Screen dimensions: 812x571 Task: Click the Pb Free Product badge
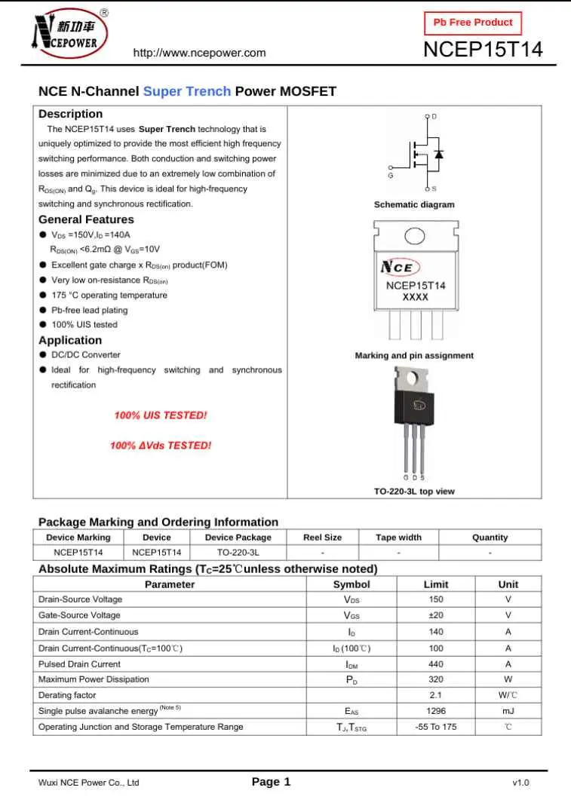coord(473,23)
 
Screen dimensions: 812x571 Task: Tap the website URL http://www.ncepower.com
coord(199,53)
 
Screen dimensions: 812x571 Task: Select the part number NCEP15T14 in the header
coord(483,51)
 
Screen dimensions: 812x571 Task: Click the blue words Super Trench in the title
coord(187,91)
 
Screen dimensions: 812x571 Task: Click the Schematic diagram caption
coord(414,204)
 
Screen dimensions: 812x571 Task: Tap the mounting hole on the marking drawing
coord(416,237)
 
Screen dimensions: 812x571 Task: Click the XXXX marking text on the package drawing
coord(416,297)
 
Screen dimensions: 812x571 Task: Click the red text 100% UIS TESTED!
coord(161,415)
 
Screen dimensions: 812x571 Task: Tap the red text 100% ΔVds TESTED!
coord(161,446)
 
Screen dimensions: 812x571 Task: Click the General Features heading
coord(86,219)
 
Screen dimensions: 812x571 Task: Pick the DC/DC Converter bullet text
coord(85,354)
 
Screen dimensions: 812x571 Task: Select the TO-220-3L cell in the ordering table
coord(238,553)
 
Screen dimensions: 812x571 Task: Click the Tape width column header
coord(398,538)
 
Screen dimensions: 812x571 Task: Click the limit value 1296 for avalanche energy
coord(435,711)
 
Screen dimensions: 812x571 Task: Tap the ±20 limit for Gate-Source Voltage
coord(435,615)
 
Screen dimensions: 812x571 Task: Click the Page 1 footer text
coord(271,782)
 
